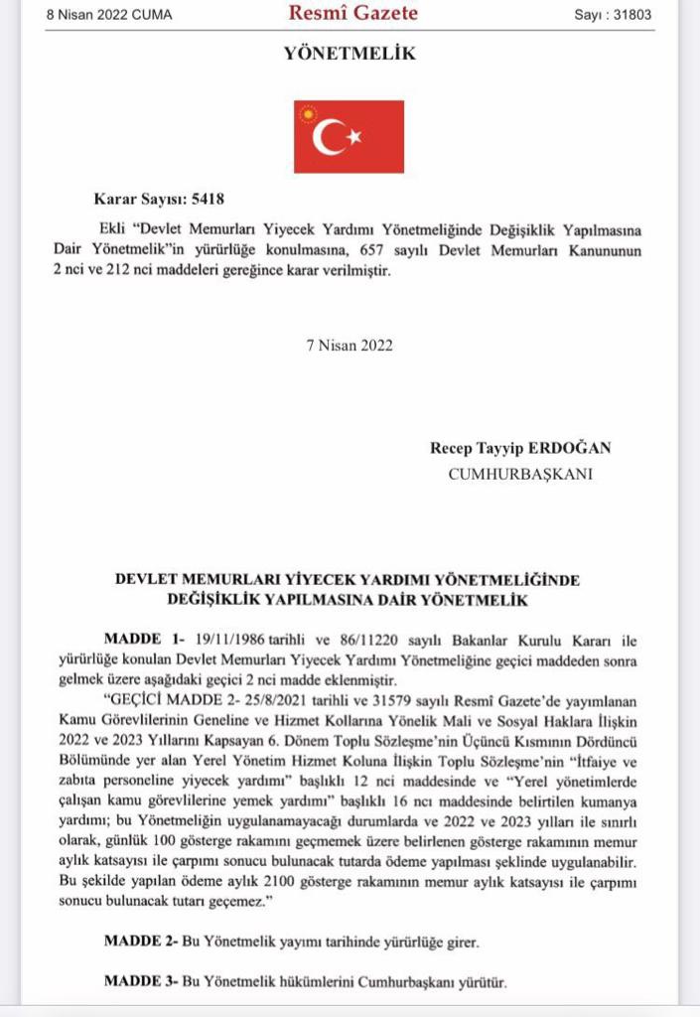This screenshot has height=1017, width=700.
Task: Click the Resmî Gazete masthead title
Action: tap(352, 14)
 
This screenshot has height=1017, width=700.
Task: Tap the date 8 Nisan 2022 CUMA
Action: tap(109, 16)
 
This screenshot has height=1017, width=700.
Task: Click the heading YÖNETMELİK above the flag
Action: tap(350, 55)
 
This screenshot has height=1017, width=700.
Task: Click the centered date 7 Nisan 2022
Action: tap(350, 346)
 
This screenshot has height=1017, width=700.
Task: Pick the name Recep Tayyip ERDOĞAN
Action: tap(520, 448)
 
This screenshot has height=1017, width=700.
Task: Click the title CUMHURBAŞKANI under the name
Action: tap(520, 474)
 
